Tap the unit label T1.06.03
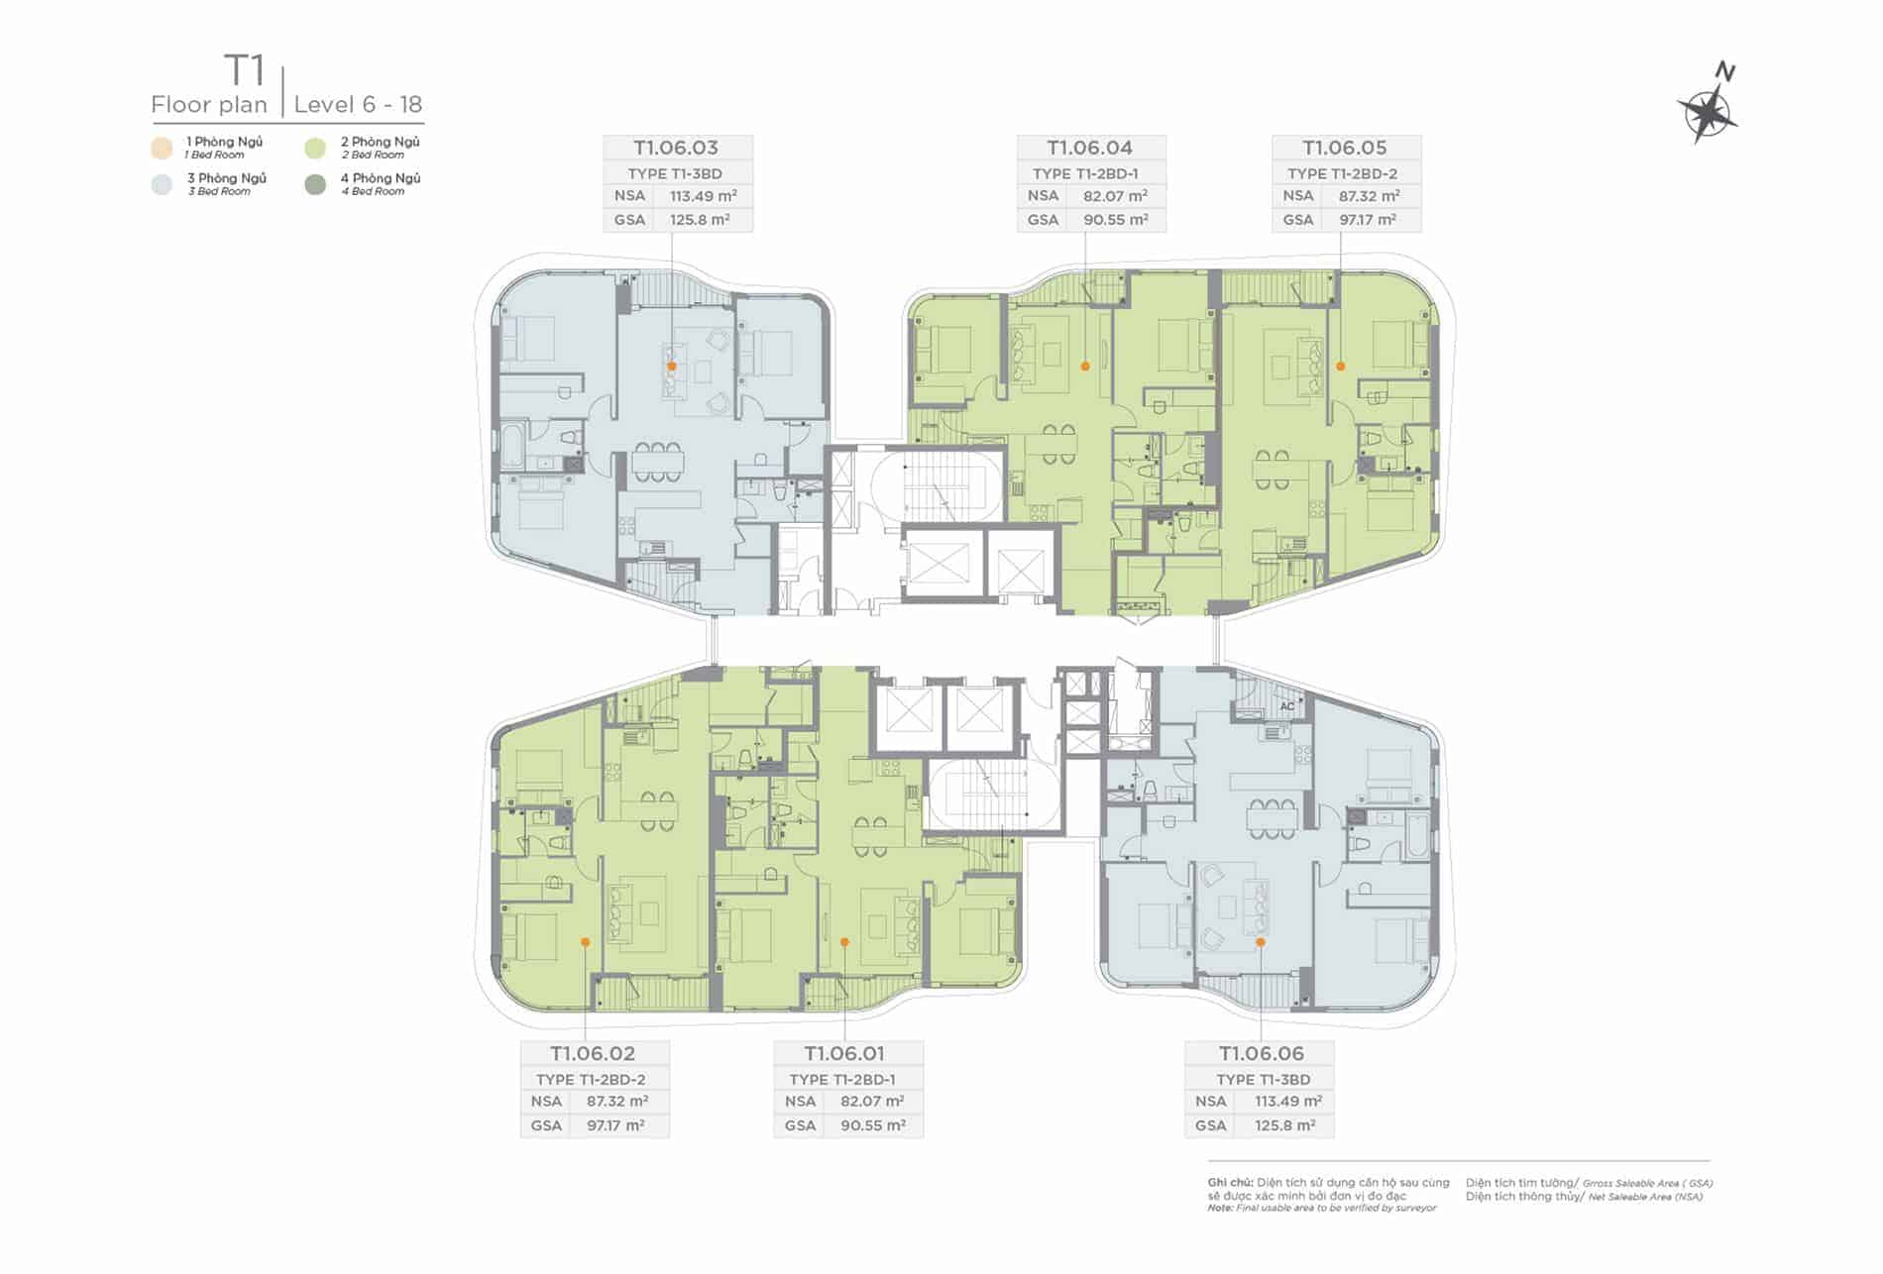click(676, 148)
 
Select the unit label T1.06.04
click(1090, 148)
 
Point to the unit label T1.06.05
click(1345, 148)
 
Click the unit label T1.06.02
click(593, 1053)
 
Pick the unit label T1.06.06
click(1262, 1053)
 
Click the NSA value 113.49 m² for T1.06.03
click(701, 196)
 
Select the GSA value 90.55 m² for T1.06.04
click(1116, 220)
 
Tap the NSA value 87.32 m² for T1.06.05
click(1369, 196)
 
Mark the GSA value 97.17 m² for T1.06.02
click(615, 1125)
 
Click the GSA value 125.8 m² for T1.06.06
click(1284, 1125)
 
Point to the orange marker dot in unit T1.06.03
click(672, 367)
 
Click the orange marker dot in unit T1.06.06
click(1261, 942)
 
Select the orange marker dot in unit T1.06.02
click(586, 942)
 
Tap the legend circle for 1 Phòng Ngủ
click(162, 149)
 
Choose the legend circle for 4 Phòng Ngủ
click(315, 184)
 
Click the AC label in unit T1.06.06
click(1287, 706)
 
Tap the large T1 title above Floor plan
click(245, 70)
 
